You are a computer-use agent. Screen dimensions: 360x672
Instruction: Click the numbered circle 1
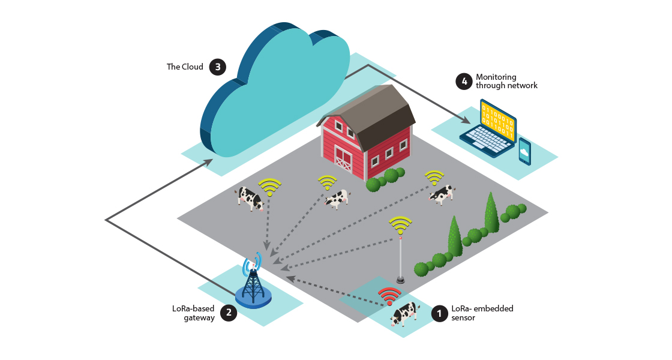point(439,313)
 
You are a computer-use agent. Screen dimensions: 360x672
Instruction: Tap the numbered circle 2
point(227,313)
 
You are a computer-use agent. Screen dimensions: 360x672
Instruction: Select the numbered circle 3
point(217,67)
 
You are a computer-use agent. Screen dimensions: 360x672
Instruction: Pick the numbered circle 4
point(463,81)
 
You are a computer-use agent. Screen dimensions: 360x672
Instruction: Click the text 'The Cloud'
point(185,67)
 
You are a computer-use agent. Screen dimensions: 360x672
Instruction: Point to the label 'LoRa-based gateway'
point(193,313)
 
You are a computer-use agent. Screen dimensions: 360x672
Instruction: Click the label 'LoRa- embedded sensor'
point(482,313)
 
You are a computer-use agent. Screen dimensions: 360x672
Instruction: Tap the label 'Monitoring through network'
point(506,81)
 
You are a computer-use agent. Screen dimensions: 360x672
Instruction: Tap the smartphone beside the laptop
point(524,151)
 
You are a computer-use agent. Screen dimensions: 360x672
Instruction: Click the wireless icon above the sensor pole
point(400,225)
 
